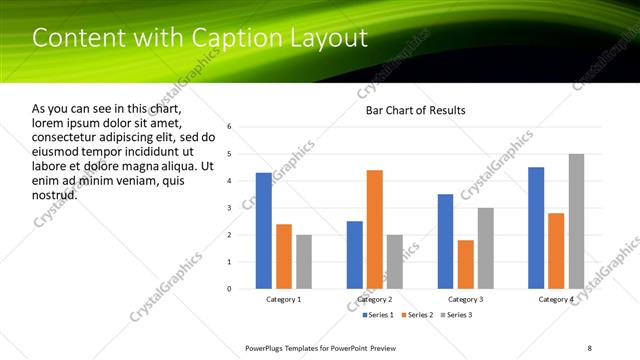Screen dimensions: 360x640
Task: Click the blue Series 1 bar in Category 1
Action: point(263,231)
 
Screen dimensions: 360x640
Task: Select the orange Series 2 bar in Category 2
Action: point(375,229)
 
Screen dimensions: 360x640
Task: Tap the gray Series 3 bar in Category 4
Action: point(576,221)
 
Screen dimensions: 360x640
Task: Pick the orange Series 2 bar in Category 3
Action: point(465,264)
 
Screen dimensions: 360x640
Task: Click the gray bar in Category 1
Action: point(303,262)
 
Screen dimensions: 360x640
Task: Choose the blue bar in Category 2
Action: point(355,255)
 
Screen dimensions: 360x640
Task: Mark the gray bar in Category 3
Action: point(485,248)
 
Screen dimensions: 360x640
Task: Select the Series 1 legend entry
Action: point(377,316)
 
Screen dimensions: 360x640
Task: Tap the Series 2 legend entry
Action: point(417,316)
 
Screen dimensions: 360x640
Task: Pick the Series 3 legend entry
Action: point(457,316)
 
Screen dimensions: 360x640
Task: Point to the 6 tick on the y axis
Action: point(230,127)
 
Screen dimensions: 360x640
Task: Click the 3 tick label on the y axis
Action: point(230,208)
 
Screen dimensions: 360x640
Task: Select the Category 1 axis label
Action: point(283,299)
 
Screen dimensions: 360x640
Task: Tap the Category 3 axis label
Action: point(465,299)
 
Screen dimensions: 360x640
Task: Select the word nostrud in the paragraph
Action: point(54,194)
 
